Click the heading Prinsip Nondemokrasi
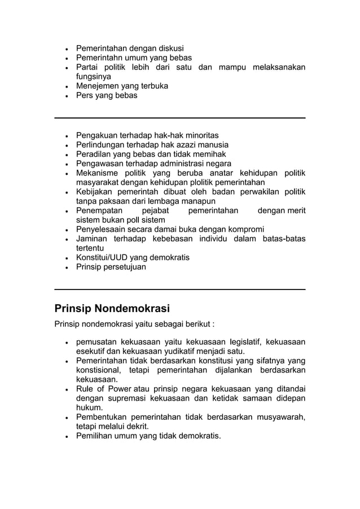112,309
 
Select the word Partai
88,67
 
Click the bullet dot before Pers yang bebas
67,96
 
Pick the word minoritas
199,135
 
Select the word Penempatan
100,210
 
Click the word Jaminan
93,239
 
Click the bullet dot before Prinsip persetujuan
67,267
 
